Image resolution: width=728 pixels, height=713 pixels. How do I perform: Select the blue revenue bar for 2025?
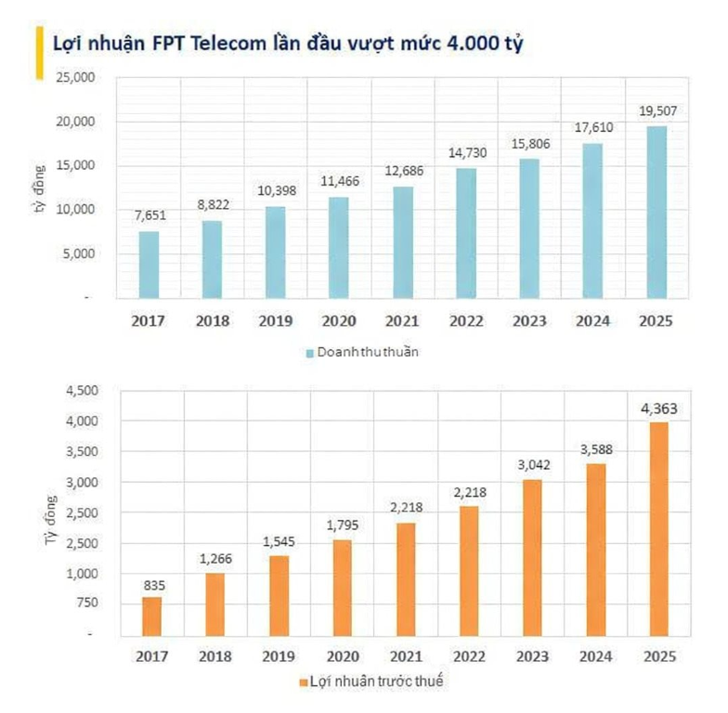[656, 213]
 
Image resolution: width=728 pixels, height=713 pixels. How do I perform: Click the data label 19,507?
[656, 110]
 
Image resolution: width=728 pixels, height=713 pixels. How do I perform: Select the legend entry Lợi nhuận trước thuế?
[378, 682]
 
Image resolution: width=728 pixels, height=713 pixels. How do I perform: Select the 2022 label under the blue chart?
[466, 321]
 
